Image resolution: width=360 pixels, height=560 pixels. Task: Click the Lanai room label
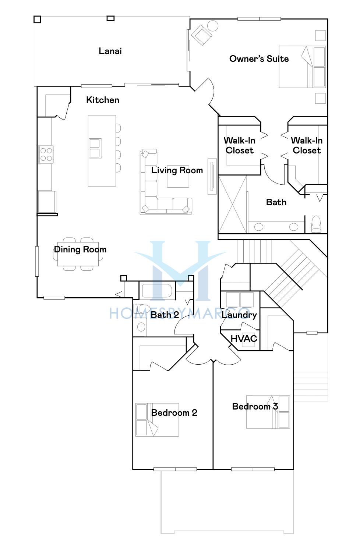(x=110, y=51)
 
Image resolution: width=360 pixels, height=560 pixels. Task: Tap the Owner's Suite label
(x=259, y=59)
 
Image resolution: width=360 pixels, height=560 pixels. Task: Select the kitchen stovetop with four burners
(x=46, y=155)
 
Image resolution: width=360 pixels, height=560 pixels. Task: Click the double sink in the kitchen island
(x=95, y=148)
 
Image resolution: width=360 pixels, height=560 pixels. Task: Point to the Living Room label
(x=177, y=170)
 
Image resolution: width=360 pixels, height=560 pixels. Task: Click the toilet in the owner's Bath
(x=316, y=224)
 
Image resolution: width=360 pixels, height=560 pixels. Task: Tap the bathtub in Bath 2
(x=157, y=291)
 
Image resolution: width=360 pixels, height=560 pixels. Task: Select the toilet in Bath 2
(x=141, y=308)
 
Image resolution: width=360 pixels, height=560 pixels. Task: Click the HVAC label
(x=244, y=339)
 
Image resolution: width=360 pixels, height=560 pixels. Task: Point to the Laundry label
(x=239, y=315)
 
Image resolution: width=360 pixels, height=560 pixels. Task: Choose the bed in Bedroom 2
(x=157, y=420)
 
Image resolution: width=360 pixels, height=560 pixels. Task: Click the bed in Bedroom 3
(x=268, y=412)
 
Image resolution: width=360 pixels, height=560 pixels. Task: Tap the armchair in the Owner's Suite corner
(x=201, y=35)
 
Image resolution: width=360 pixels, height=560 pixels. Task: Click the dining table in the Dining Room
(x=78, y=254)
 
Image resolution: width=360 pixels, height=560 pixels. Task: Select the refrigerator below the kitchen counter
(x=47, y=202)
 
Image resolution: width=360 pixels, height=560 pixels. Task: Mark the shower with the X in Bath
(x=232, y=204)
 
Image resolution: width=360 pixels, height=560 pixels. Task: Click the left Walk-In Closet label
(x=239, y=145)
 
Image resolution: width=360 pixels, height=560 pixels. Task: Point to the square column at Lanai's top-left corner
(x=37, y=20)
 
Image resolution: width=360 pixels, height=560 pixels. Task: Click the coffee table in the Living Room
(x=178, y=177)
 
